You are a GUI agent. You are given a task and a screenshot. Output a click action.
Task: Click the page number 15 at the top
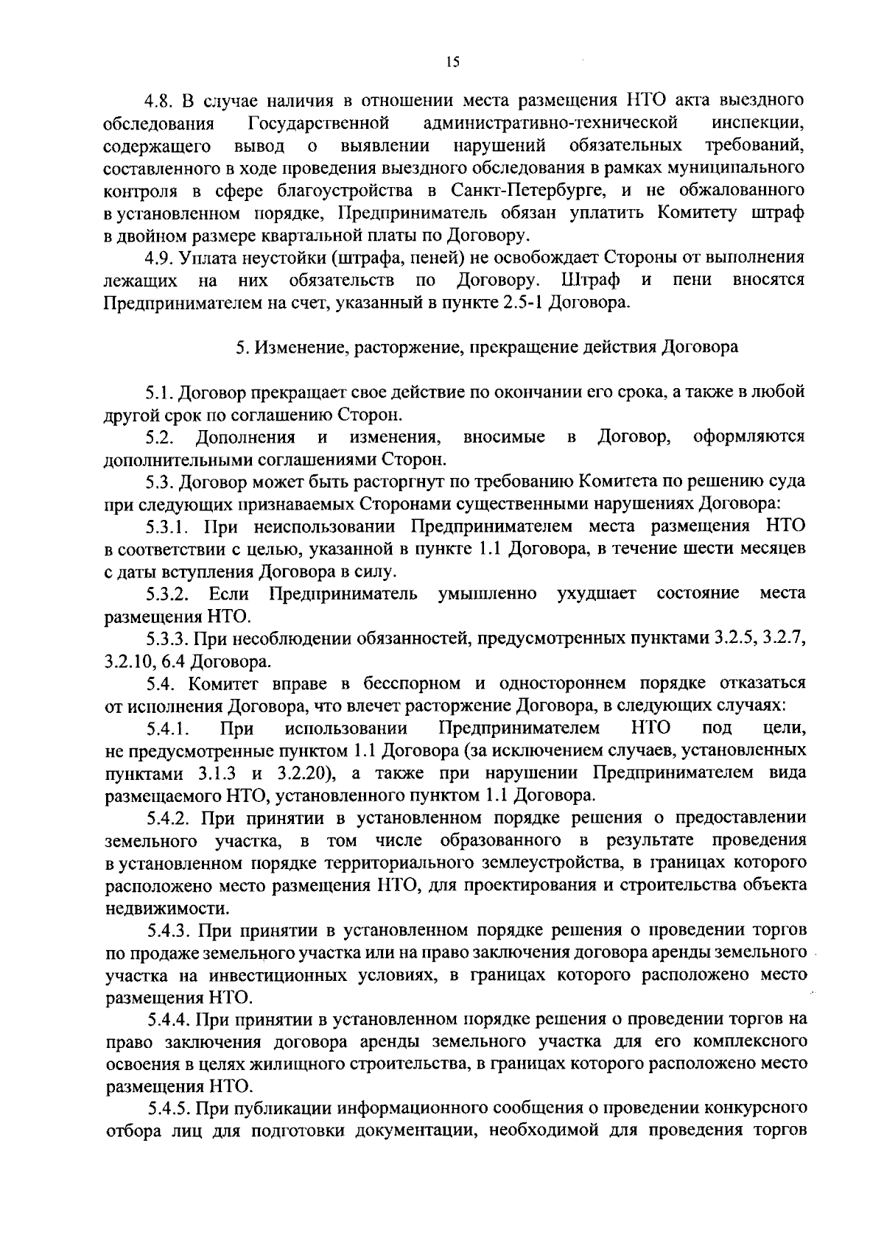pos(452,63)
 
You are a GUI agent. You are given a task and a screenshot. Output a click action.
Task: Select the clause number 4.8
pos(160,100)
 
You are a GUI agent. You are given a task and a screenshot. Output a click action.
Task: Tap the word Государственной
pos(320,122)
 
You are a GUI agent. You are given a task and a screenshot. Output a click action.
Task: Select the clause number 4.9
pos(160,258)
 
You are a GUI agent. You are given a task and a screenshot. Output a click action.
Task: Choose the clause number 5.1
pos(160,393)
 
